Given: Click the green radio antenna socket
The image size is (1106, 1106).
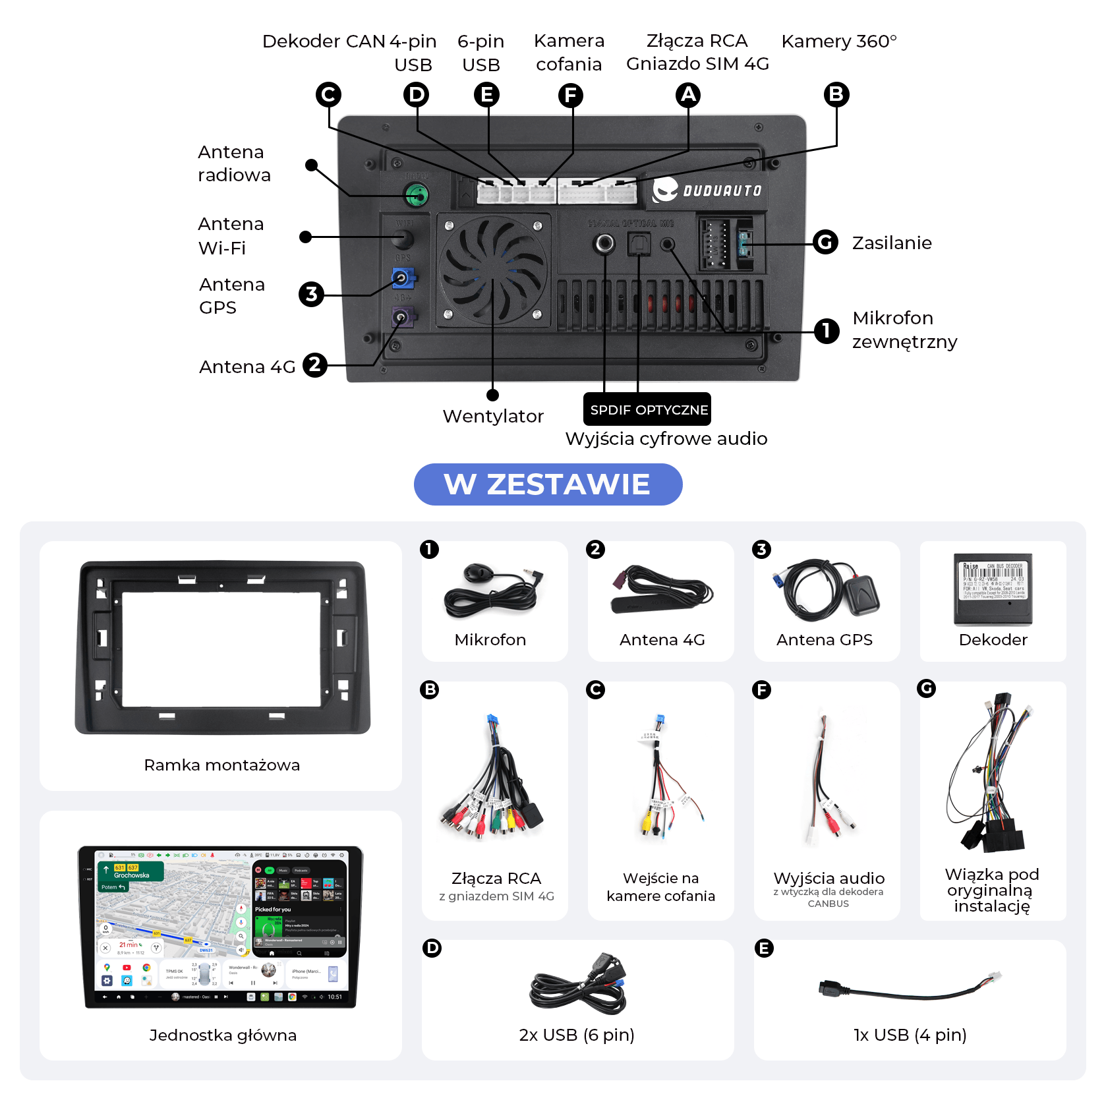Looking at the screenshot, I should click(416, 194).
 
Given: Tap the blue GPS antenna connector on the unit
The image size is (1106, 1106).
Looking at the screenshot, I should click(401, 278).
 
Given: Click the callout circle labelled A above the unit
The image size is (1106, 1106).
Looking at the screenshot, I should click(688, 95).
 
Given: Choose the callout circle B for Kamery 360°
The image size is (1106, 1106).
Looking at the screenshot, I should click(836, 95).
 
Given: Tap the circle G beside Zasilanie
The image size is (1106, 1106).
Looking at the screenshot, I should click(825, 242).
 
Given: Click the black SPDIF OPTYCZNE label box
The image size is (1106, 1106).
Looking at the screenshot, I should click(648, 410).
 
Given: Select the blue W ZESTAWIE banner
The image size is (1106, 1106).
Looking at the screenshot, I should click(548, 484).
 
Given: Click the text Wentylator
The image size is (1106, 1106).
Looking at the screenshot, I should click(493, 417).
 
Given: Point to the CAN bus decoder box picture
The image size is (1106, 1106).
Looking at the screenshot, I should click(993, 588).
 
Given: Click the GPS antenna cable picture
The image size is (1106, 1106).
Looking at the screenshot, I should click(827, 589).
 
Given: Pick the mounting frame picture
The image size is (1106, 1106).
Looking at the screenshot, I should click(222, 647).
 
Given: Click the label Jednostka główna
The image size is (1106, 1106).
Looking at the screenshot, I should click(223, 1035).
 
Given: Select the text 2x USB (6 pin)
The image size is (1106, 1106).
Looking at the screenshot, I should click(577, 1035).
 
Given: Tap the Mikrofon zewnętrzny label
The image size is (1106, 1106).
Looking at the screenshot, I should click(904, 330).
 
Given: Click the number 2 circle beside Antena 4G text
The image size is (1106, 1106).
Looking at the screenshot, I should click(315, 364).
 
